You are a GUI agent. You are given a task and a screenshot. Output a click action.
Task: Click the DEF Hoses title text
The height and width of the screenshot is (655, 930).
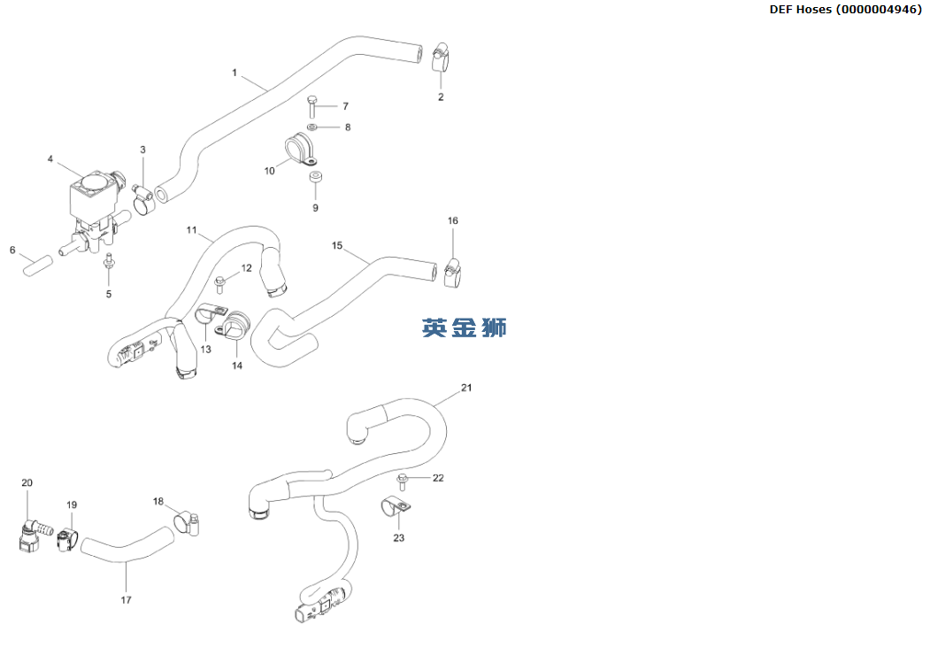click(x=845, y=10)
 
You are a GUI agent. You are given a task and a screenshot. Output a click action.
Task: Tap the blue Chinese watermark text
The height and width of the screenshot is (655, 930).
click(x=465, y=327)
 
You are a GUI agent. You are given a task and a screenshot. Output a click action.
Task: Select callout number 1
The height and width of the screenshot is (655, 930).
click(x=234, y=73)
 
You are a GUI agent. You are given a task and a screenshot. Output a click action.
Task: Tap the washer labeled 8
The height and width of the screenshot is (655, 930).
click(x=312, y=127)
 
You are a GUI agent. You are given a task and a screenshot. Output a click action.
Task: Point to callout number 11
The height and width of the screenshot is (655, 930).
click(x=192, y=230)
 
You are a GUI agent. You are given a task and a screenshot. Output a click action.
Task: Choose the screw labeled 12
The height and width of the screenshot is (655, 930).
click(x=220, y=283)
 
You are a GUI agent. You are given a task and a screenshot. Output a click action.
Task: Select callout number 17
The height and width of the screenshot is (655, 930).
click(x=126, y=600)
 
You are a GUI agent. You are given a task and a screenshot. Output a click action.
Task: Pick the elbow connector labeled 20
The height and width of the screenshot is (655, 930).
click(x=29, y=534)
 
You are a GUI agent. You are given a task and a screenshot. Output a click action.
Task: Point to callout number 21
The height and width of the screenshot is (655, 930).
click(x=467, y=388)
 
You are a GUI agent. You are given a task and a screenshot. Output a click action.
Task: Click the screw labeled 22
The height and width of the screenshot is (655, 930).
click(x=404, y=481)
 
